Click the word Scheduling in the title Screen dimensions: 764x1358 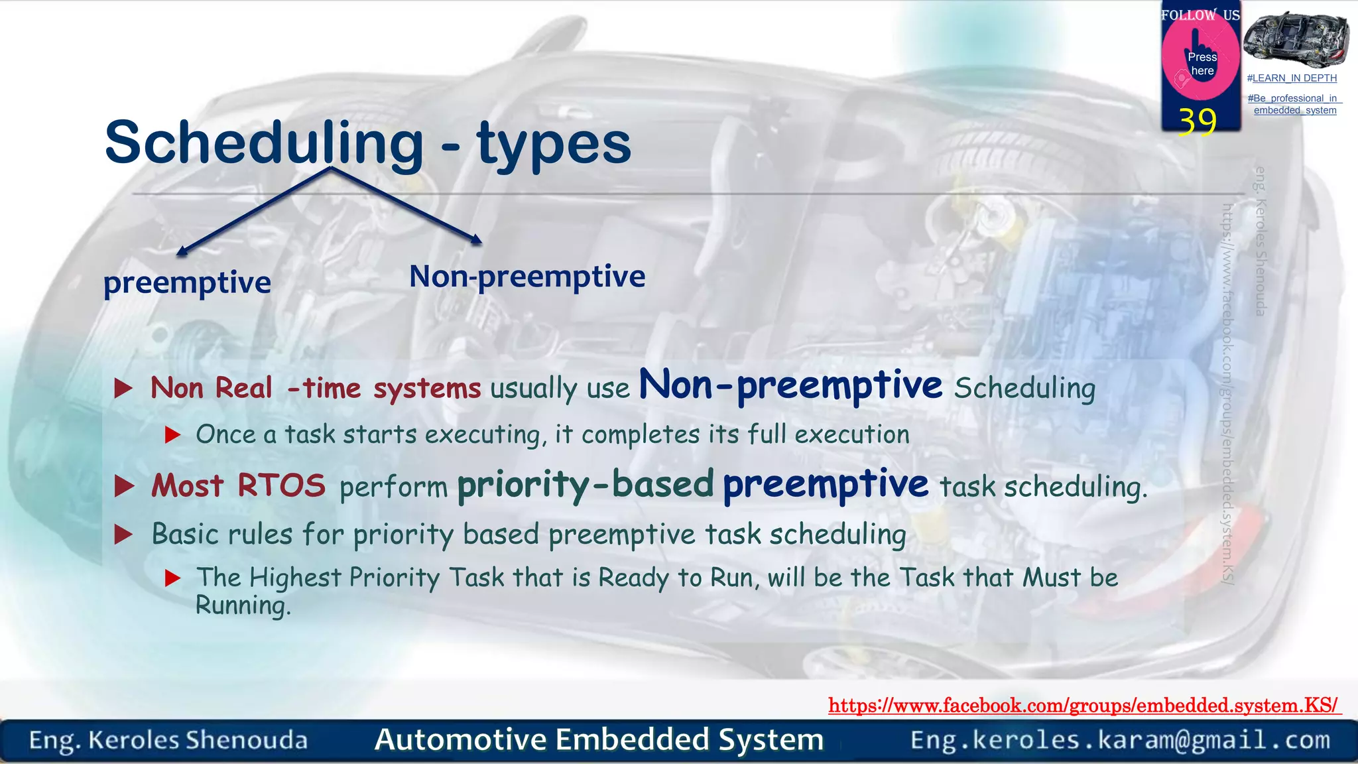click(264, 143)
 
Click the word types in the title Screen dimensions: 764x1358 click(554, 143)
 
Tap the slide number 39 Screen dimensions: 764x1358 click(1198, 121)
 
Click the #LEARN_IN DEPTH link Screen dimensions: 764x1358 click(1292, 78)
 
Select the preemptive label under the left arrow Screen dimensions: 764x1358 click(187, 283)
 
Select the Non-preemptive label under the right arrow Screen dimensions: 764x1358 click(527, 277)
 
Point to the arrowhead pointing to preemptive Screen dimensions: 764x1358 click(181, 251)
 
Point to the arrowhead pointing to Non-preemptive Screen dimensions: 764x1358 click(476, 240)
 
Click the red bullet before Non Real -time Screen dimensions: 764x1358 click(123, 388)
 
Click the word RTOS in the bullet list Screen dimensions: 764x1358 click(281, 485)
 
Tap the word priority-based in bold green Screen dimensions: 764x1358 click(585, 485)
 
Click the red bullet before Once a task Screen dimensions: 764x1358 click(172, 435)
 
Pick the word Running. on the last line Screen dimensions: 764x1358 click(243, 605)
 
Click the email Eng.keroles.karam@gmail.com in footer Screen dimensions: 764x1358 click(1120, 740)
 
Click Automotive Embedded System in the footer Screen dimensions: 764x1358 click(599, 739)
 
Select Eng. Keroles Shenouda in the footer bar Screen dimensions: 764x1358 click(168, 740)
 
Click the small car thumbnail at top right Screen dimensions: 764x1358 click(1296, 38)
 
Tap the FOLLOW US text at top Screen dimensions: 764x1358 click(1200, 15)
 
